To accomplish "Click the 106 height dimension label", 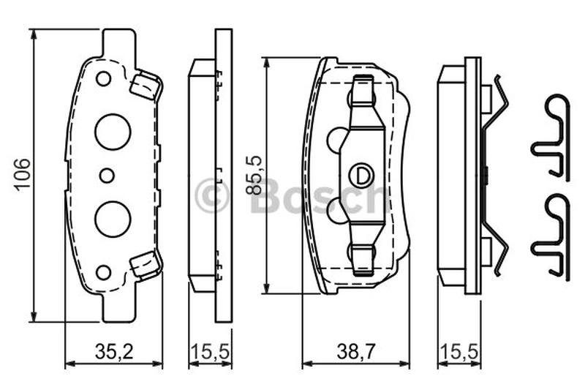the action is point(23,176).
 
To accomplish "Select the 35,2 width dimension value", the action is point(114,351).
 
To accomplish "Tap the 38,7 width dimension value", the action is point(355,351).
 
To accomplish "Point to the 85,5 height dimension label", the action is point(254,176).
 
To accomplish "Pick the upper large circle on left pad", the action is point(113,132).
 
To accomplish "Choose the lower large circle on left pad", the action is point(113,219).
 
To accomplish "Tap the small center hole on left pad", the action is point(107,176).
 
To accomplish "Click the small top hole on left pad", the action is point(103,79).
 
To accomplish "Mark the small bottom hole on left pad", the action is point(103,272).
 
